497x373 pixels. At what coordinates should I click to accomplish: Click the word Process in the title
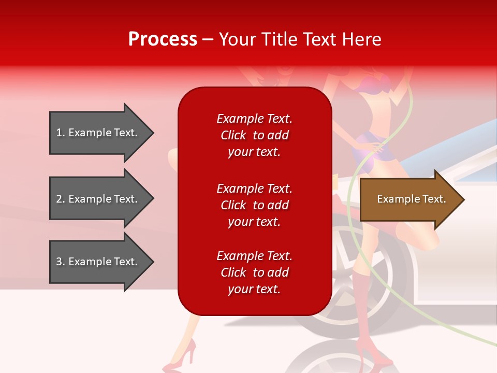[x=163, y=39]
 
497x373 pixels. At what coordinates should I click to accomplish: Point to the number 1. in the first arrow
[x=61, y=133]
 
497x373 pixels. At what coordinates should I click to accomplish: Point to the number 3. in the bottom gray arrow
[x=61, y=262]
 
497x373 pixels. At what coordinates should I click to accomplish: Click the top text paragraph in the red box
[x=254, y=135]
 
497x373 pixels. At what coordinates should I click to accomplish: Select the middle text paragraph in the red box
[x=254, y=205]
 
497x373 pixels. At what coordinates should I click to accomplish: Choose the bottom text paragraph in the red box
[x=254, y=272]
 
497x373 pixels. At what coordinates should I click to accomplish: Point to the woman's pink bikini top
[x=375, y=83]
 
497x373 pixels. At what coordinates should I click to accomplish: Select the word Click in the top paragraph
[x=233, y=135]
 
